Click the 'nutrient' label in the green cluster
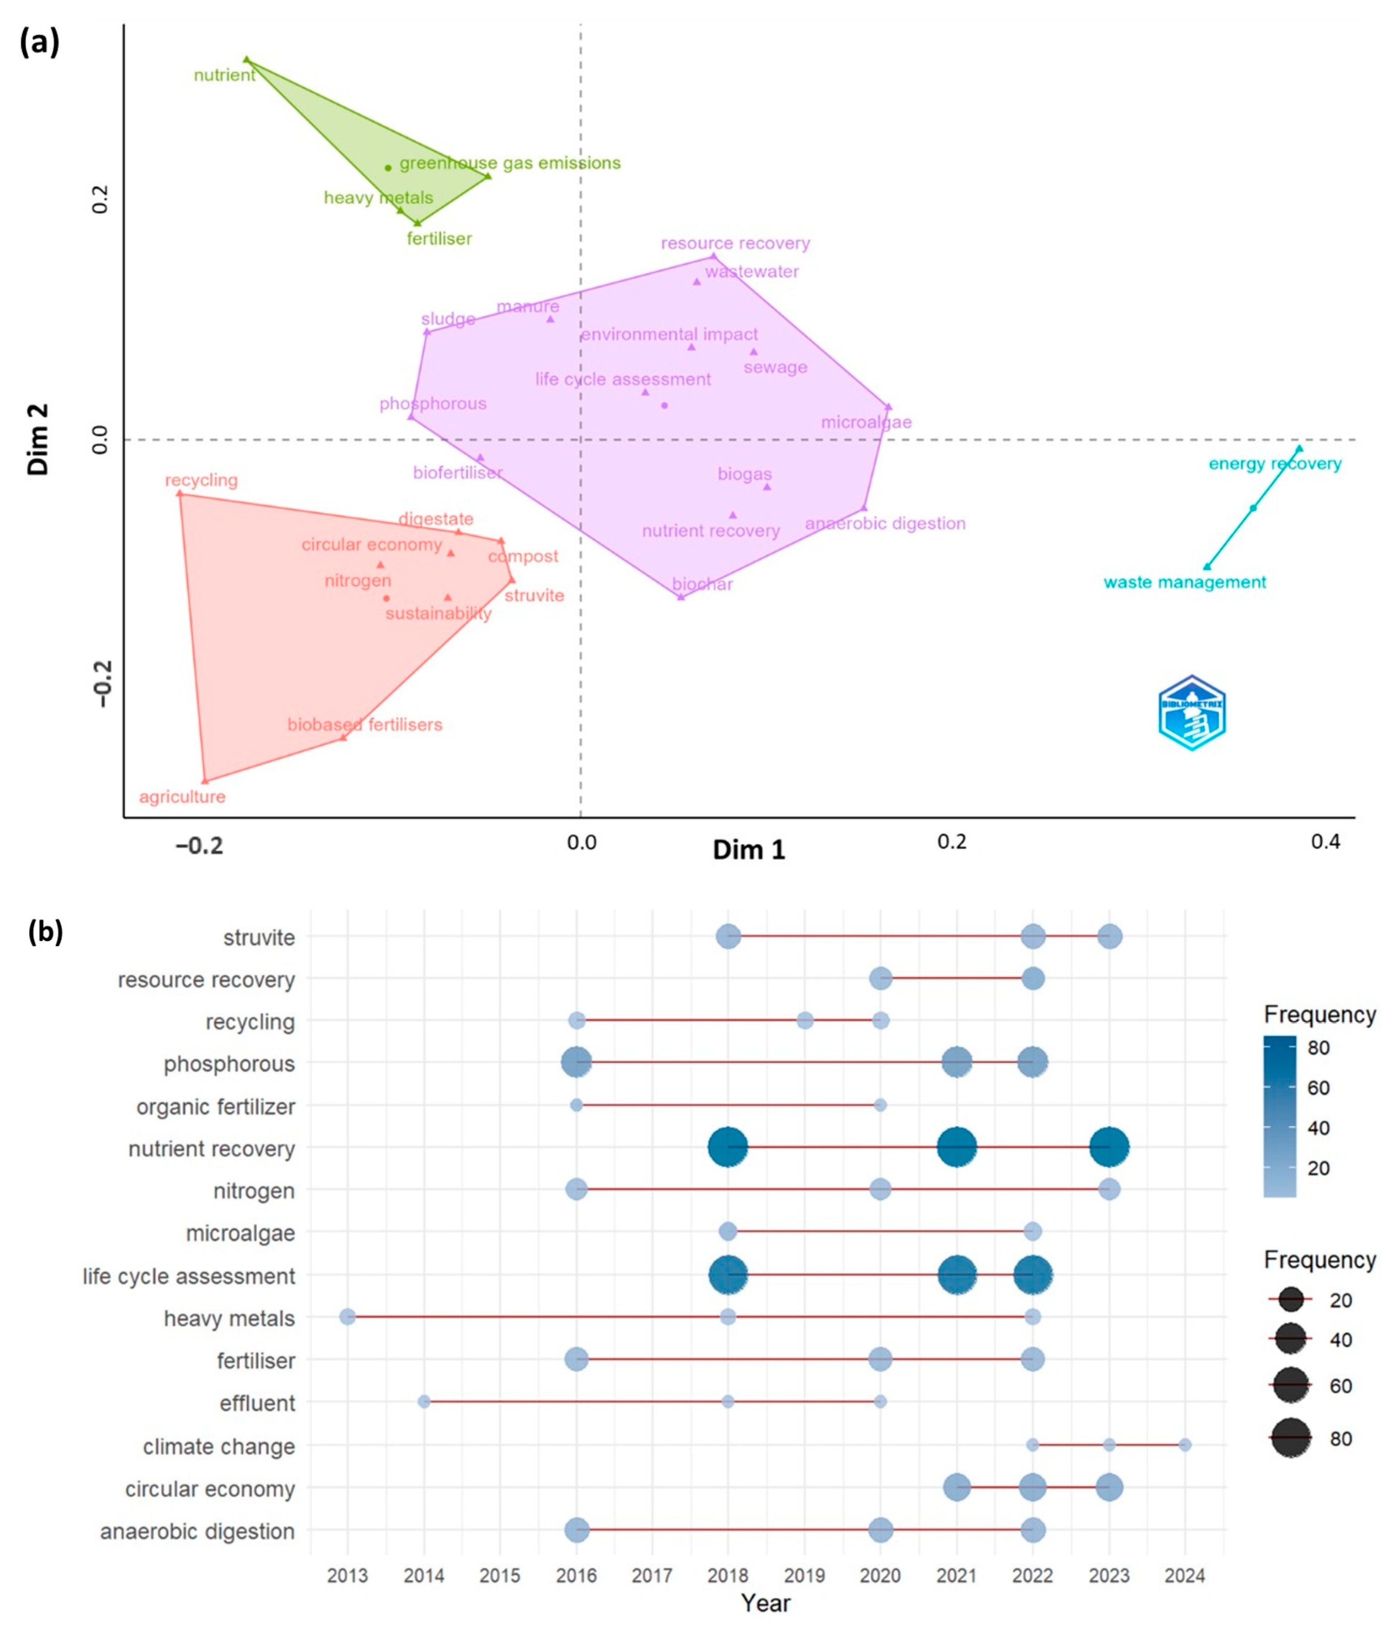click(225, 76)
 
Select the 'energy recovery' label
click(1274, 464)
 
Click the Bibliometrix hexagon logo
click(1192, 713)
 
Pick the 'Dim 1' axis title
click(749, 850)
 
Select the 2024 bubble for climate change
click(1185, 1445)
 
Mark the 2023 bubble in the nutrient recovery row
click(1109, 1147)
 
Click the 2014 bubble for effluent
click(424, 1401)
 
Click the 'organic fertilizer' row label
click(216, 1107)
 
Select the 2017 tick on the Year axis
click(652, 1575)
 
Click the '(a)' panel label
click(39, 43)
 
